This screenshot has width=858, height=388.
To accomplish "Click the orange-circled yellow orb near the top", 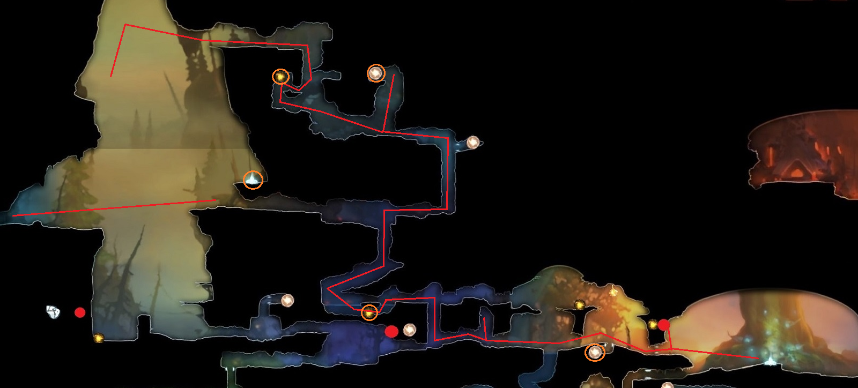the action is point(280,77).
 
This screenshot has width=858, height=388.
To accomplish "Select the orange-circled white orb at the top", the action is point(376,73).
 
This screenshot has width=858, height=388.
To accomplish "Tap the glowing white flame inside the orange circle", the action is point(253,180).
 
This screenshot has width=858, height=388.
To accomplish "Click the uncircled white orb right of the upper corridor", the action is point(472,142).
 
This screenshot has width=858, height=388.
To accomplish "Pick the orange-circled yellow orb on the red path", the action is point(369,312).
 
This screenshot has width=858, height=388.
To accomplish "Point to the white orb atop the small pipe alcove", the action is point(287,301).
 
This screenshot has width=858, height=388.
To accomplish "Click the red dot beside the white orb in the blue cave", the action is point(391,331).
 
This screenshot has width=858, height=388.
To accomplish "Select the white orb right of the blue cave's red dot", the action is point(410,330).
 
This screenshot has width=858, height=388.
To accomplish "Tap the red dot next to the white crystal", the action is point(80,312).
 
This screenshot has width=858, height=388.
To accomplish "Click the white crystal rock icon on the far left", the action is point(53,311).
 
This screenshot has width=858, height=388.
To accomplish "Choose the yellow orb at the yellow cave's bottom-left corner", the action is point(99,338).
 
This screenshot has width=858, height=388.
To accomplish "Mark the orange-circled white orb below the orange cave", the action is point(595,352).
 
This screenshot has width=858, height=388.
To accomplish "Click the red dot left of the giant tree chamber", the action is point(664,325).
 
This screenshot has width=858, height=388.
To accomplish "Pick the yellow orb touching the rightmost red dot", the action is point(653,324).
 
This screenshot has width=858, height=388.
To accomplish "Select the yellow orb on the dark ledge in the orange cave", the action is point(579,305).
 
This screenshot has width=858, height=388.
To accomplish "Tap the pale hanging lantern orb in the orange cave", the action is point(613,292).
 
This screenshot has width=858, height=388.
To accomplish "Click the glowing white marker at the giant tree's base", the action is point(770,360).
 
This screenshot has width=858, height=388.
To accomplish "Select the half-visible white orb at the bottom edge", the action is point(667,385).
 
